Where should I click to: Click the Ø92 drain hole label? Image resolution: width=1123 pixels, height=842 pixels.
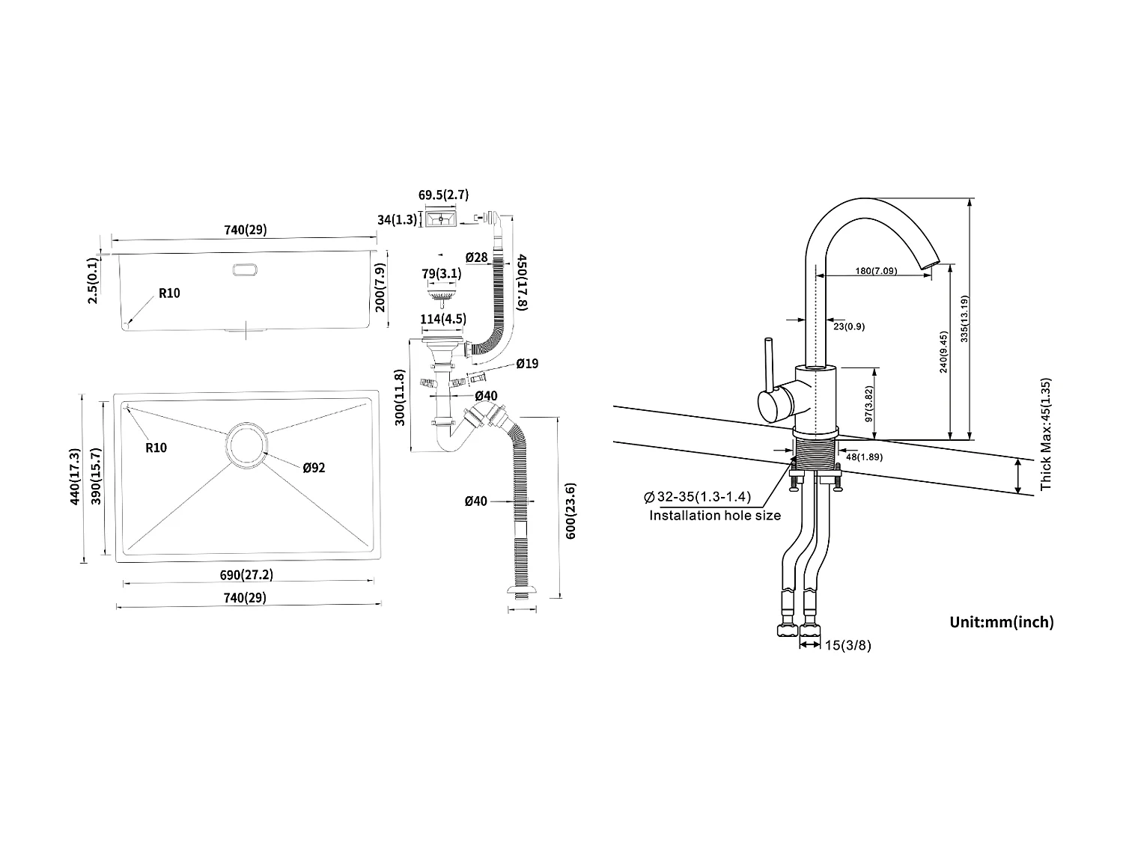pos(314,468)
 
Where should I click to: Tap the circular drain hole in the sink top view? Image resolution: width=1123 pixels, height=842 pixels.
pos(246,445)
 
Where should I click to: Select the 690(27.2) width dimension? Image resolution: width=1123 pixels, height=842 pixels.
pos(246,575)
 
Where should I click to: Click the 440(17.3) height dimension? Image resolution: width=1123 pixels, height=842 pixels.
pos(73,477)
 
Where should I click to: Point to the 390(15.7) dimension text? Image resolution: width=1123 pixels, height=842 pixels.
pos(96,477)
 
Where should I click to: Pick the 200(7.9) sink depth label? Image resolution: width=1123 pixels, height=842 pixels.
pos(380,288)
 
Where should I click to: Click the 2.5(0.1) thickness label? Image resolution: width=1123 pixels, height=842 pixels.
pos(93,280)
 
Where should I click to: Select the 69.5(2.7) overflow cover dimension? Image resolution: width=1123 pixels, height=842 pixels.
pos(443,195)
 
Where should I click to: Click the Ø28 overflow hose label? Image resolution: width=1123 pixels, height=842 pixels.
pos(476,257)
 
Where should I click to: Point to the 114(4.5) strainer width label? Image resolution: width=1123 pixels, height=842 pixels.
pos(442,319)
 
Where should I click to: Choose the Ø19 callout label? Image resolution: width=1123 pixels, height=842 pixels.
pos(526,364)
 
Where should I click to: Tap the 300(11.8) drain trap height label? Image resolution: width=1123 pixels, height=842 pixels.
pos(401,397)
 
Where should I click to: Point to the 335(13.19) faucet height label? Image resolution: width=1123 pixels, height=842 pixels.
pos(964,320)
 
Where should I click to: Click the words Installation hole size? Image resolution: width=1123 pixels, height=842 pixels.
pos(714,516)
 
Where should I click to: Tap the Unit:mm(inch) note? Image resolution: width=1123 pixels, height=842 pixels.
pos(1001,622)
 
